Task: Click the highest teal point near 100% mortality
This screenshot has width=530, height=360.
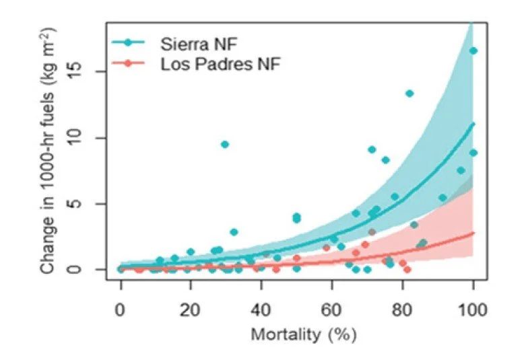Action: [473, 50]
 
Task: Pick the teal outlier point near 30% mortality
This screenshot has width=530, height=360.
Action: [225, 144]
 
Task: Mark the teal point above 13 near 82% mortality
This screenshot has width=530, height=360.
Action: [409, 93]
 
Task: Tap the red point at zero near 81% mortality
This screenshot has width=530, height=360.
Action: [407, 269]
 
